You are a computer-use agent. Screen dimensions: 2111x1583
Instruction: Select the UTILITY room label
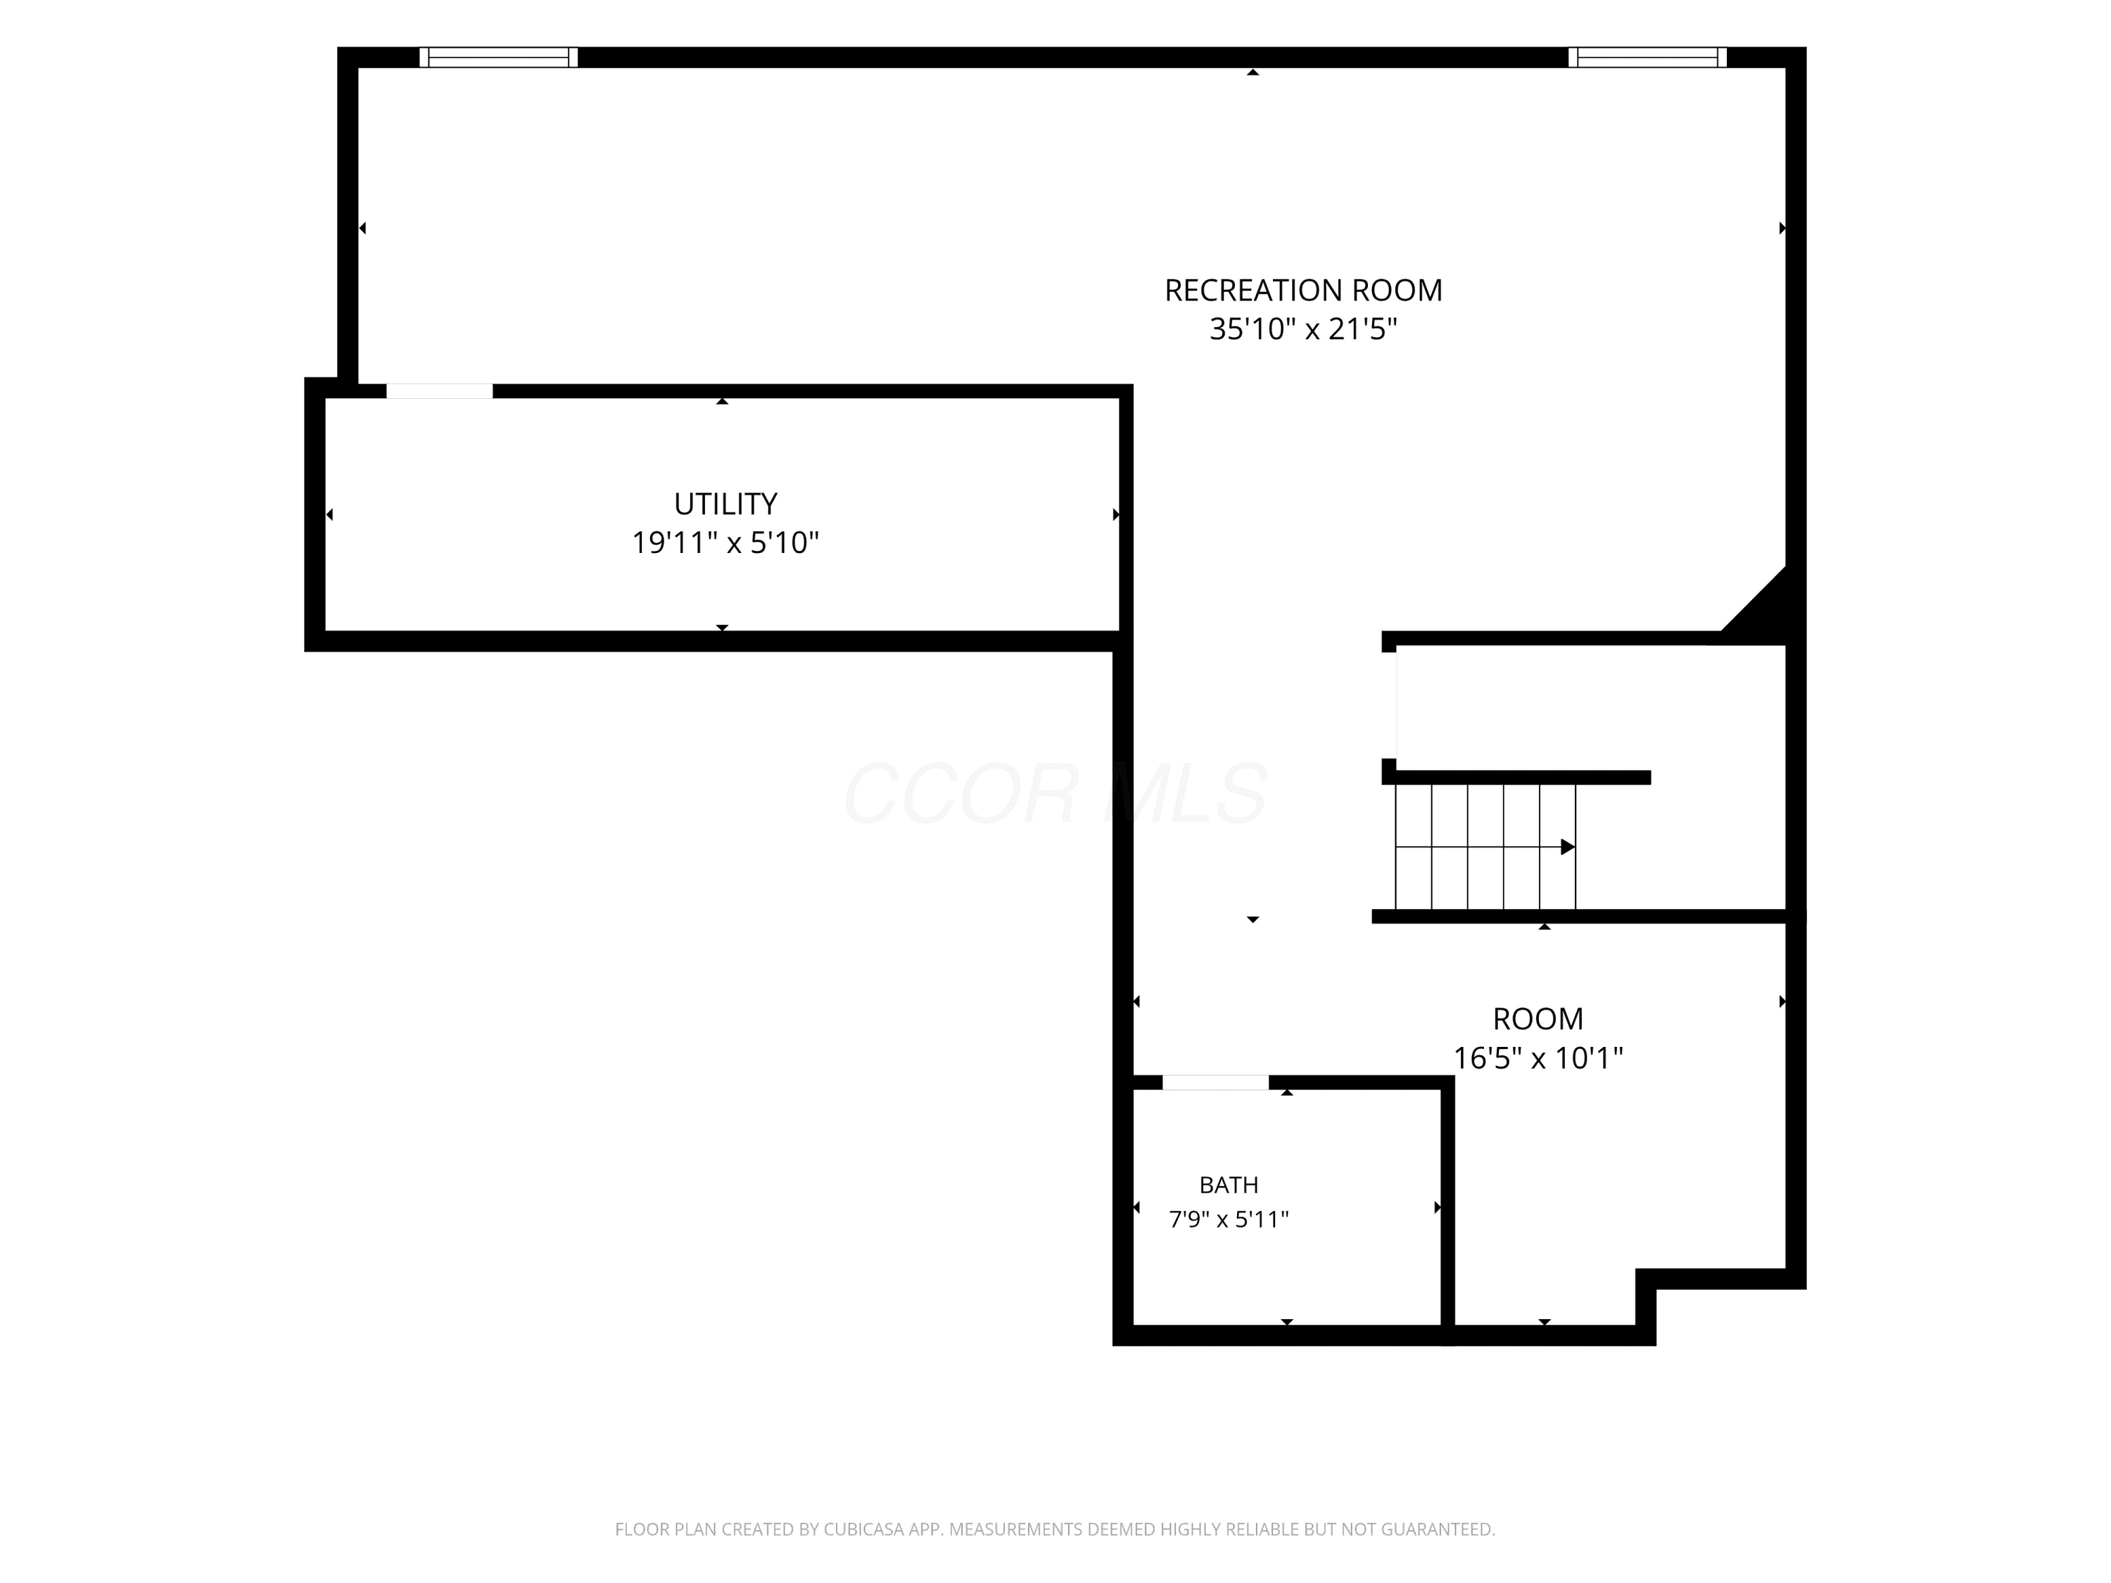[725, 504]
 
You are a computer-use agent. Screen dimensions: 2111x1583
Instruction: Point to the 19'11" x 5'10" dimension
[725, 543]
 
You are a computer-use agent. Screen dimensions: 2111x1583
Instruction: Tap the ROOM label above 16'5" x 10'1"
[1538, 1019]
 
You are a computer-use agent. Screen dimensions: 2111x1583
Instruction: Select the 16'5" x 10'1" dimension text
[1538, 1058]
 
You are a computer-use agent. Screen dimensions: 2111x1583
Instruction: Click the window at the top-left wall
[499, 57]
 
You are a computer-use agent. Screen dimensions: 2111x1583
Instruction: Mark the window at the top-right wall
[1647, 57]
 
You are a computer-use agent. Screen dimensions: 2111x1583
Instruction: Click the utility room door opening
[439, 391]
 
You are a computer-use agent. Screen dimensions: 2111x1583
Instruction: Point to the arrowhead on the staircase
[1567, 847]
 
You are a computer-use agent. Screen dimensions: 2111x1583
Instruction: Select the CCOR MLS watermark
[1055, 794]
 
